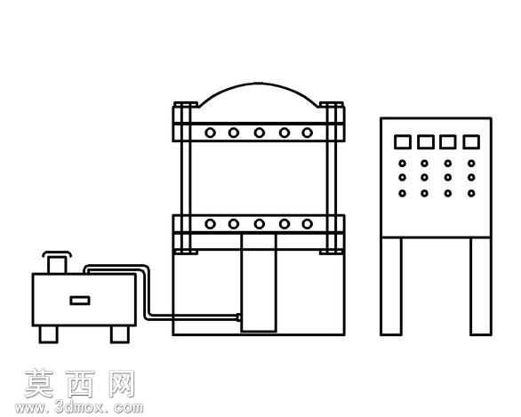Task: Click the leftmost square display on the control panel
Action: (403, 142)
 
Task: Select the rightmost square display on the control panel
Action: (471, 142)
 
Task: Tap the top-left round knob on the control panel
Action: (403, 164)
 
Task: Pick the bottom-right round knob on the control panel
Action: (471, 193)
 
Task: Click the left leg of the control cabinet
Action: (391, 286)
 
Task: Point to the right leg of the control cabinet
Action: (481, 286)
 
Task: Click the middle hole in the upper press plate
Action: (260, 132)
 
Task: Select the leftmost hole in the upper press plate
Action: (210, 132)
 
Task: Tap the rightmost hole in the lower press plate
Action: (308, 224)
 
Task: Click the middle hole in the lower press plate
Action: (260, 224)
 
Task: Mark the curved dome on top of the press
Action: (259, 83)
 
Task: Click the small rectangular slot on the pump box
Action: (80, 301)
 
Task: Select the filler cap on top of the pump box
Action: (57, 262)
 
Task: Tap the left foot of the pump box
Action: (49, 334)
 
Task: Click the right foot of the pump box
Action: (120, 334)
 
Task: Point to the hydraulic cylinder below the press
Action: (259, 283)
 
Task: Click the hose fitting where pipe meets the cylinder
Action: (238, 317)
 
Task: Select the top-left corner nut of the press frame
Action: (186, 105)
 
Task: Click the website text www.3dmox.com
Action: (79, 407)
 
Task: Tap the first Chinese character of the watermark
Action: (39, 384)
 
